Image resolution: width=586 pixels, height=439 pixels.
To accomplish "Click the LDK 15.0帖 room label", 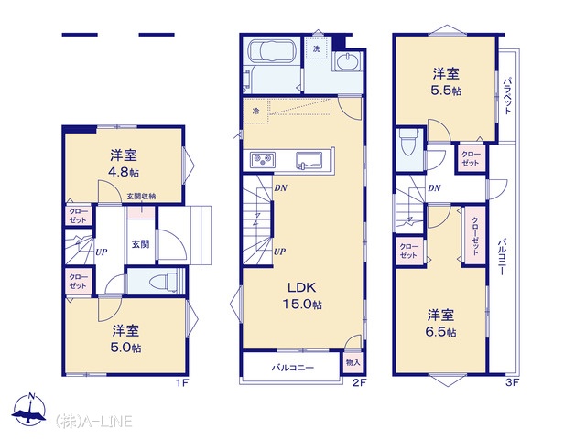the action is (302, 295).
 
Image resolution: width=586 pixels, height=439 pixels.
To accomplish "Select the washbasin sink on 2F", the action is (348, 61).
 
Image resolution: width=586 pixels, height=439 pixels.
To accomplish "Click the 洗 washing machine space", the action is (317, 48).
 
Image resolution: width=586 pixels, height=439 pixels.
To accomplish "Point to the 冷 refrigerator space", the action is (256, 111).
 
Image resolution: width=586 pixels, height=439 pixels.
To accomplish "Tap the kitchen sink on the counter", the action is (309, 161).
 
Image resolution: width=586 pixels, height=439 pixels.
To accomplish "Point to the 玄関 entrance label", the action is (140, 244).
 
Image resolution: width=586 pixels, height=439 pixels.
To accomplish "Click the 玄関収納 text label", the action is (141, 197).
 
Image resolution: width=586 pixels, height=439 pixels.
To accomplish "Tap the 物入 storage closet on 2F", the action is (353, 362).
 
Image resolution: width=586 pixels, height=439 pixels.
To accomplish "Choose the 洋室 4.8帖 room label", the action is (124, 163).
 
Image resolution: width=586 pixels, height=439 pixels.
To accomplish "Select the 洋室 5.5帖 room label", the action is (446, 81).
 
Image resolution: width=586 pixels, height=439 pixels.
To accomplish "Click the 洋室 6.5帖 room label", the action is (441, 323).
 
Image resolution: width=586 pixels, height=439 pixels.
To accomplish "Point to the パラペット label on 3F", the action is (507, 95).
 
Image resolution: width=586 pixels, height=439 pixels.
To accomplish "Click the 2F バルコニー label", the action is (293, 368).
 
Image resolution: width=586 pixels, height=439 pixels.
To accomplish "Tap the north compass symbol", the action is (29, 409).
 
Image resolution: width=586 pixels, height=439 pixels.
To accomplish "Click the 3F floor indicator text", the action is (512, 382).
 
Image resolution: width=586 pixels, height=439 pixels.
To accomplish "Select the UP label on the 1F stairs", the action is (102, 252).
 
